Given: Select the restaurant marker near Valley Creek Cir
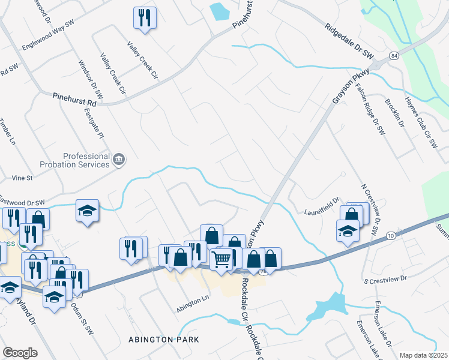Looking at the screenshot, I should (x=145, y=18).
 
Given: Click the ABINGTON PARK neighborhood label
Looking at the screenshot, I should (x=164, y=340).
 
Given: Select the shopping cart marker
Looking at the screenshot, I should (x=221, y=260).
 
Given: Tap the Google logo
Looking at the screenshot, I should (x=20, y=352).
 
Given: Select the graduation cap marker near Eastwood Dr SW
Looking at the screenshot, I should (x=88, y=211).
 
